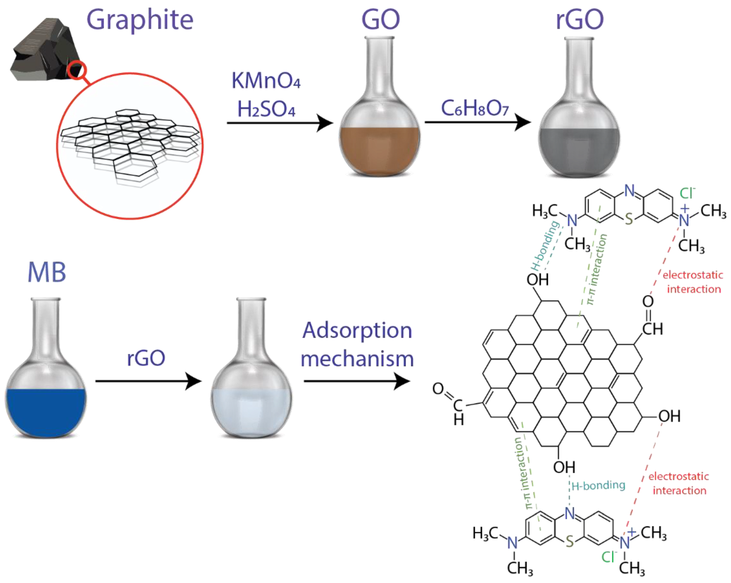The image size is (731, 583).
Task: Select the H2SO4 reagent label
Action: tap(266, 109)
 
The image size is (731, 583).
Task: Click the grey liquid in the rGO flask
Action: tap(579, 151)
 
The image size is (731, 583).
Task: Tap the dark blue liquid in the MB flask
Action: tap(46, 410)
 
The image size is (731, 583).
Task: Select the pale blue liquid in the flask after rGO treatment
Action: tap(251, 410)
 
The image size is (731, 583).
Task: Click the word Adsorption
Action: tap(357, 331)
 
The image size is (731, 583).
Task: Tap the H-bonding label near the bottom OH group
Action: tap(598, 486)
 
